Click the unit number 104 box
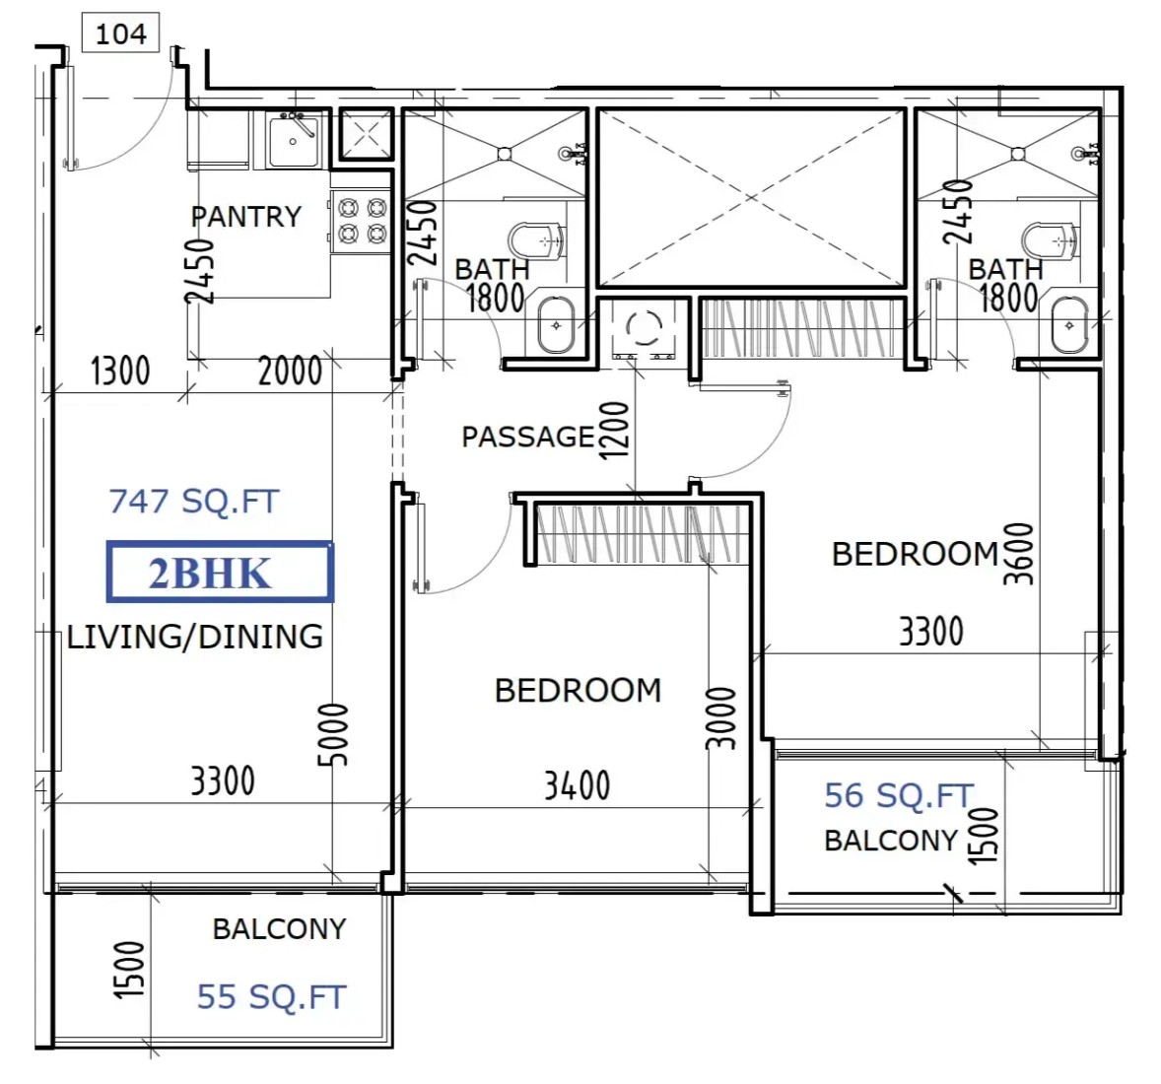point(120,34)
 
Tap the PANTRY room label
point(245,217)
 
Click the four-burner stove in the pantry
point(362,222)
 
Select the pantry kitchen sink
point(294,141)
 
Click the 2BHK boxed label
point(220,572)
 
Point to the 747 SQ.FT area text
point(194,502)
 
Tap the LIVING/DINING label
point(195,637)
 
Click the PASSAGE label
point(528,437)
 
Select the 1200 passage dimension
point(614,431)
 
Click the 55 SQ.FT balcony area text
point(271,996)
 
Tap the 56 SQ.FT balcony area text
point(899,796)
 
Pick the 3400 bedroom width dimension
point(577,785)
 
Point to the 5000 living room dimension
point(332,735)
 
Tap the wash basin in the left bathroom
point(556,325)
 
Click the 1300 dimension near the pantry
point(120,371)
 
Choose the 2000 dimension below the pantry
point(290,371)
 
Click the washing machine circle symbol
point(644,326)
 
